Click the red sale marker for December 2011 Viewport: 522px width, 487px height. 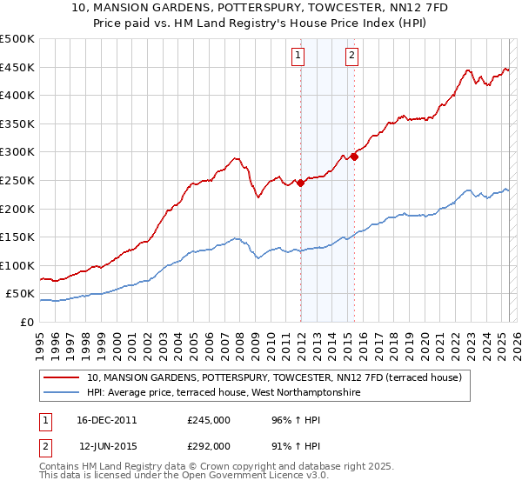coord(300,183)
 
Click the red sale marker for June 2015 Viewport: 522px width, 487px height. coord(354,157)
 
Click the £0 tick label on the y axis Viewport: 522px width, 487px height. coord(28,322)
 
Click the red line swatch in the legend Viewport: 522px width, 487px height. coord(61,377)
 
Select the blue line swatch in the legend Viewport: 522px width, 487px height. coord(61,393)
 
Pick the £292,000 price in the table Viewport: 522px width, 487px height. coord(209,445)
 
